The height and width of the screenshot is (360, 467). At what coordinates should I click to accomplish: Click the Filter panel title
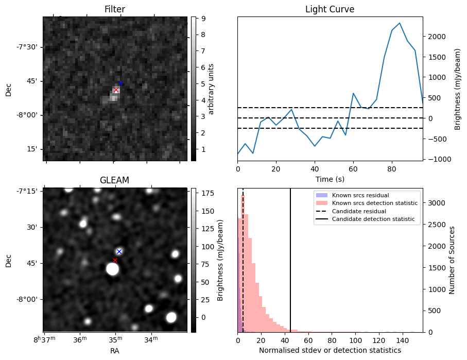(x=114, y=9)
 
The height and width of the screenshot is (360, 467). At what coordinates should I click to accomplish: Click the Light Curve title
(x=330, y=9)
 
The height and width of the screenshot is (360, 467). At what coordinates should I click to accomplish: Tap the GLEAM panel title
(x=114, y=180)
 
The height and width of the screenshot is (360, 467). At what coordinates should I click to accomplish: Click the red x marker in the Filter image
(x=116, y=90)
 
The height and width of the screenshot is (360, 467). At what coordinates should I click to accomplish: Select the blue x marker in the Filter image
(x=120, y=83)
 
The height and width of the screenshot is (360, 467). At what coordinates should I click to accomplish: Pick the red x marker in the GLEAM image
(x=115, y=260)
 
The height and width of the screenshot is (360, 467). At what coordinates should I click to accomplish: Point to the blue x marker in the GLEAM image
(x=119, y=251)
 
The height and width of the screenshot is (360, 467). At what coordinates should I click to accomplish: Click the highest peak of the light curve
(x=400, y=23)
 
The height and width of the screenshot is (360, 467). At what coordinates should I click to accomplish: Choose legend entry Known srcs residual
(x=360, y=196)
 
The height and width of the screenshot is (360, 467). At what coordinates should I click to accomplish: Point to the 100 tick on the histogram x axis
(x=355, y=340)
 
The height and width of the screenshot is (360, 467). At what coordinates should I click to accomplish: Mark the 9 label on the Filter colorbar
(x=204, y=19)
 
